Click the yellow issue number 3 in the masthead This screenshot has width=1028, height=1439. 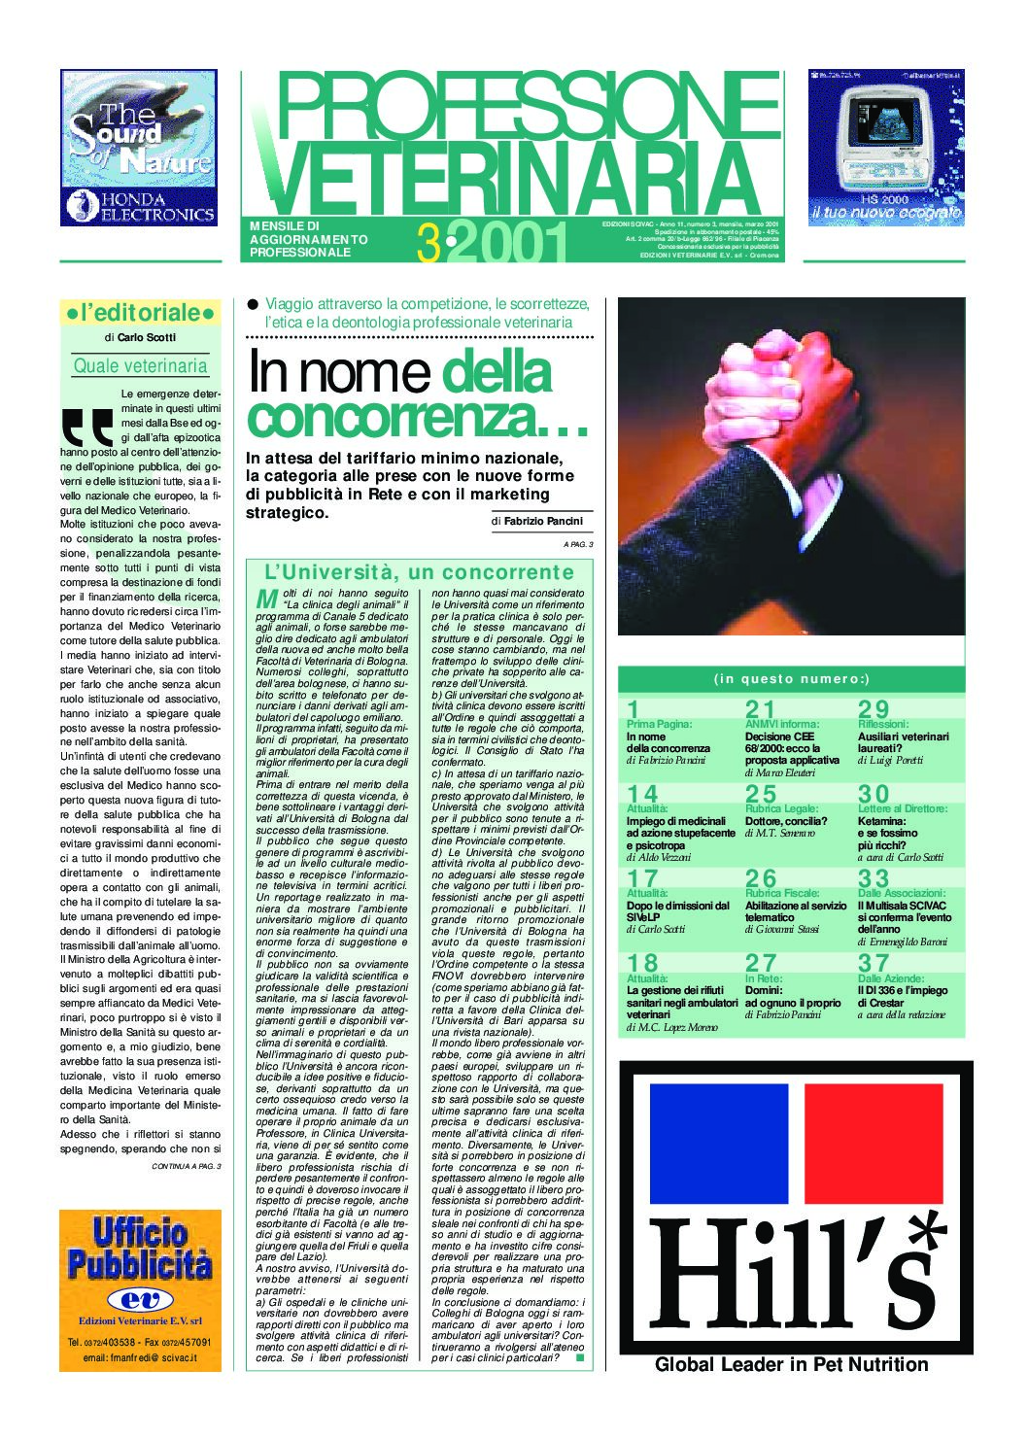pos(428,243)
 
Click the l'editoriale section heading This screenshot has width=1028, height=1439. pos(140,313)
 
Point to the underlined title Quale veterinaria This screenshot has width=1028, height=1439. pos(140,366)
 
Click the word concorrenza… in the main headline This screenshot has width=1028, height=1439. pos(418,417)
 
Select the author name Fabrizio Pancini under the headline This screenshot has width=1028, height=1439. pos(543,522)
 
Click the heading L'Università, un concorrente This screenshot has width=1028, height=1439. pos(419,572)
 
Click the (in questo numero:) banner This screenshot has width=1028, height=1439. pos(791,679)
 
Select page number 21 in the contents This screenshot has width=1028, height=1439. pos(760,709)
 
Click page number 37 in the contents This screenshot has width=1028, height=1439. pos(873,963)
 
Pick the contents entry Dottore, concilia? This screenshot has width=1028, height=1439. pos(785,821)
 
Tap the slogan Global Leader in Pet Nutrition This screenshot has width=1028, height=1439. pos(791,1364)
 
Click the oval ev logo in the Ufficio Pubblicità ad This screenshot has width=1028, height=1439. pos(140,1299)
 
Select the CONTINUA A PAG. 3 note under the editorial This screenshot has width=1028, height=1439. pos(186,1166)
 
